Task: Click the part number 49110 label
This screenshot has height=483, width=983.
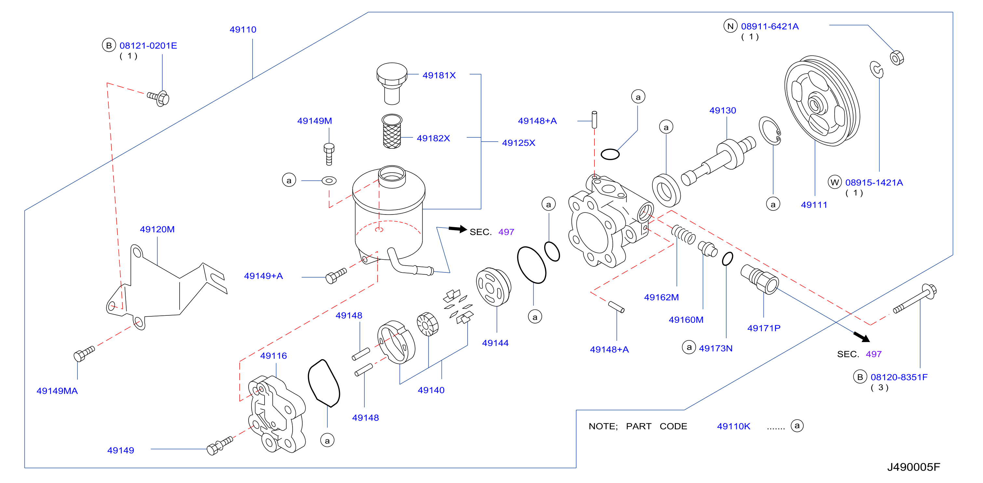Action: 243,29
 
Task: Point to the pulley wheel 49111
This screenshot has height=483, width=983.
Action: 822,101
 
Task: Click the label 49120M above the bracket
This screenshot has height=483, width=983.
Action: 157,229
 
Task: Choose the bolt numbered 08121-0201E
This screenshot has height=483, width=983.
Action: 158,98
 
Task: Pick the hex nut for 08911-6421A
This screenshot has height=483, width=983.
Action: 897,58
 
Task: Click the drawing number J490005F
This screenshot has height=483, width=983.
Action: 914,467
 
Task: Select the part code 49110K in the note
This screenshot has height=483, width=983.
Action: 733,426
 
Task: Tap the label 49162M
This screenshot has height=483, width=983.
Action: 661,297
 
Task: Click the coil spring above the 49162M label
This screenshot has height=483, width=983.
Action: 683,234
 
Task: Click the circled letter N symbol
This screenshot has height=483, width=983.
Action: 730,26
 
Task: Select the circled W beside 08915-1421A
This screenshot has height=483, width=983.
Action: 835,182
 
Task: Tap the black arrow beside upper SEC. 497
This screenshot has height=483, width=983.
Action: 458,229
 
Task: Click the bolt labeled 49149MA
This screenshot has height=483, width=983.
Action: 84,353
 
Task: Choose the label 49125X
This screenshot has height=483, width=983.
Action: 519,143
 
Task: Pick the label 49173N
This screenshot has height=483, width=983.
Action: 716,348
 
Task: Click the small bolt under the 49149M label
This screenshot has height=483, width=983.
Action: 329,154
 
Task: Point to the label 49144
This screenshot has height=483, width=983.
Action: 495,343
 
